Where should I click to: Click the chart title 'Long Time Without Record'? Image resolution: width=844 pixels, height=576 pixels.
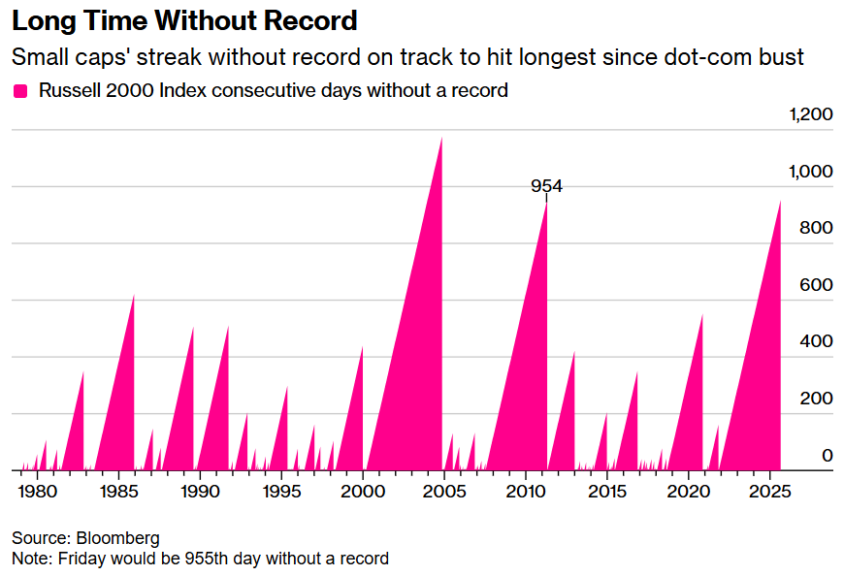(184, 20)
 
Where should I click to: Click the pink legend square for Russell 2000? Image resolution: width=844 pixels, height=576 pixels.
(19, 91)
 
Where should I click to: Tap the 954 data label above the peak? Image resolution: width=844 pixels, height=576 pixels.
(546, 187)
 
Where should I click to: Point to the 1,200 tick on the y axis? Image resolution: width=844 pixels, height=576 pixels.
(811, 114)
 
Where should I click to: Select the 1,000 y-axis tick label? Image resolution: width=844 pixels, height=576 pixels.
(811, 172)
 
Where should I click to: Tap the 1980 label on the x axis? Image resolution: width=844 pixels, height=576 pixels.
(37, 492)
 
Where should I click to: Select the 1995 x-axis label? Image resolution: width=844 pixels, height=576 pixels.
(281, 492)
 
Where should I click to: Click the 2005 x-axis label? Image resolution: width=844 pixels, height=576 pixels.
(444, 492)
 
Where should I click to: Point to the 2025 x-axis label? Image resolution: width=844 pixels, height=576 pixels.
(770, 492)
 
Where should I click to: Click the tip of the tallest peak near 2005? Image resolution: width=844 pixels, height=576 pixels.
(441, 138)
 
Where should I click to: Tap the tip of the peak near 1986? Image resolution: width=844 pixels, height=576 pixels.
(134, 296)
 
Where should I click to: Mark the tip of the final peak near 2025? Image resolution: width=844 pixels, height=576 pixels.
(780, 202)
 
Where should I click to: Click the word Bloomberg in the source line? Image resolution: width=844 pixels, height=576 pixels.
(118, 537)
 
